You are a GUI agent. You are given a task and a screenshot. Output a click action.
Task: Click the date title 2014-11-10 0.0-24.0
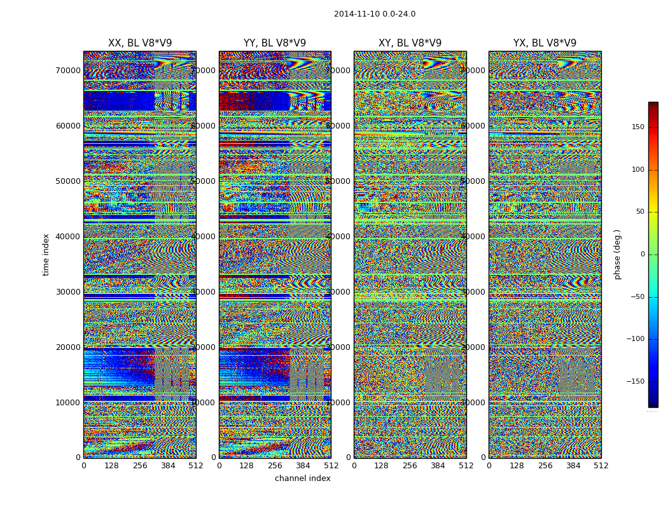point(374,14)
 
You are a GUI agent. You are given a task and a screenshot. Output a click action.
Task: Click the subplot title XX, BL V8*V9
point(140,43)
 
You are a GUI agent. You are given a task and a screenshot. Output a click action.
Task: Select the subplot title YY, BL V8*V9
point(275,43)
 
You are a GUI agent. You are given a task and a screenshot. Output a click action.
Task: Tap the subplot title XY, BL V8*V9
point(410,43)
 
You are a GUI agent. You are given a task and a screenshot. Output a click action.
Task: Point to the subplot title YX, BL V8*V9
point(545,43)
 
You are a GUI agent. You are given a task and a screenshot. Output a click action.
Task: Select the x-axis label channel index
point(302,478)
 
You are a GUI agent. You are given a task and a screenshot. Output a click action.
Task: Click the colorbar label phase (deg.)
point(617,254)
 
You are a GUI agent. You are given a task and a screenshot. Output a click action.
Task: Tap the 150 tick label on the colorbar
point(637,127)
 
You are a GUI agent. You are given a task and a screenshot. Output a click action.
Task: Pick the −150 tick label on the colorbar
point(636,382)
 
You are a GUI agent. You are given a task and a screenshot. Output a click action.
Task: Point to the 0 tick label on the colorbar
point(642,254)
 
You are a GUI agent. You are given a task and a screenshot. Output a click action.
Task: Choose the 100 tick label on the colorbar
point(637,169)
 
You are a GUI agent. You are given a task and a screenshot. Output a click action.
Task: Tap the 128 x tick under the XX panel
point(111,466)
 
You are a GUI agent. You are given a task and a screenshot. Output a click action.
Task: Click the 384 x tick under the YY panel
point(303,466)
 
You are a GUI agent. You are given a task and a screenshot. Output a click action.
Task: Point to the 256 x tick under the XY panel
point(410,466)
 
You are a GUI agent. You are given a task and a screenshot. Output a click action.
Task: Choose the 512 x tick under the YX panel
point(601,466)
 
